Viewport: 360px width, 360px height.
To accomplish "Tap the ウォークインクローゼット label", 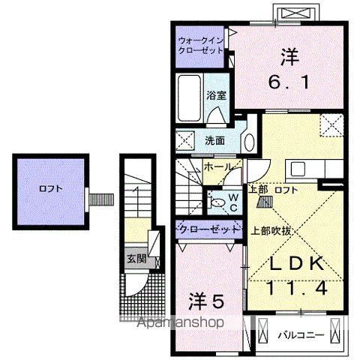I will [200, 46].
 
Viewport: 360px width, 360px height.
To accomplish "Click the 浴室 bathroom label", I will [217, 95].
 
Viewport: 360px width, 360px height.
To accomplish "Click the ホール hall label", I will [217, 166].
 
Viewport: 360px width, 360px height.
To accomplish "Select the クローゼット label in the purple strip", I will [202, 228].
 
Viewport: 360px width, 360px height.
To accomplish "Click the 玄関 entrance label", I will [136, 259].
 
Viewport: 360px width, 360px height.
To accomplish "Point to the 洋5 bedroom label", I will [205, 301].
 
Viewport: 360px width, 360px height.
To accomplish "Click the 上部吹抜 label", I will [266, 231].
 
